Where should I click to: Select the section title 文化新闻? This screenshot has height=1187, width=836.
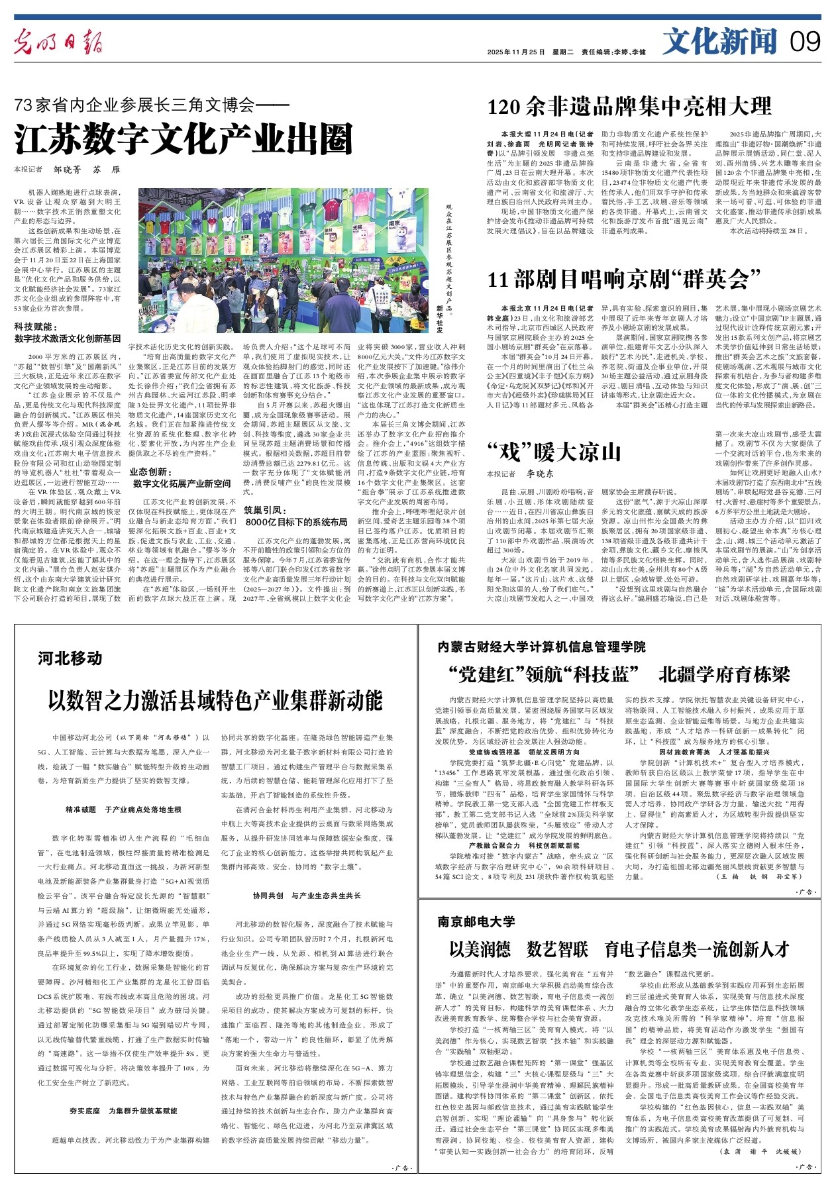tap(720, 42)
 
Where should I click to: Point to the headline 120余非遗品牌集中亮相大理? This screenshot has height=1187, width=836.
tap(629, 106)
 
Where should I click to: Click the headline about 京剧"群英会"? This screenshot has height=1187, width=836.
tap(623, 280)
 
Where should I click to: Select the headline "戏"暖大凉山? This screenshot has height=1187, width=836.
tap(554, 452)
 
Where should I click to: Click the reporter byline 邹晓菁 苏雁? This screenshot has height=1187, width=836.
tap(87, 170)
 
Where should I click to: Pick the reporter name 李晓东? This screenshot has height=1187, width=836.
tap(540, 474)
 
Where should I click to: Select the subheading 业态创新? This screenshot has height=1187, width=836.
tap(151, 472)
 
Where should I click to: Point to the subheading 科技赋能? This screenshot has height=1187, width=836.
tap(36, 327)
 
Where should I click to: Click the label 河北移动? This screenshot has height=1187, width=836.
tap(70, 658)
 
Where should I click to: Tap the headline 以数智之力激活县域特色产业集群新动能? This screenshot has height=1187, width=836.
tap(215, 699)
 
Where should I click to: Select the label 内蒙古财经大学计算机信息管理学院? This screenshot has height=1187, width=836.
tap(541, 646)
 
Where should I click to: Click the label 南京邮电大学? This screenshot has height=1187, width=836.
tap(476, 921)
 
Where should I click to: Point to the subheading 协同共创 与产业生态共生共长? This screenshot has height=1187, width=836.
tap(307, 896)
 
